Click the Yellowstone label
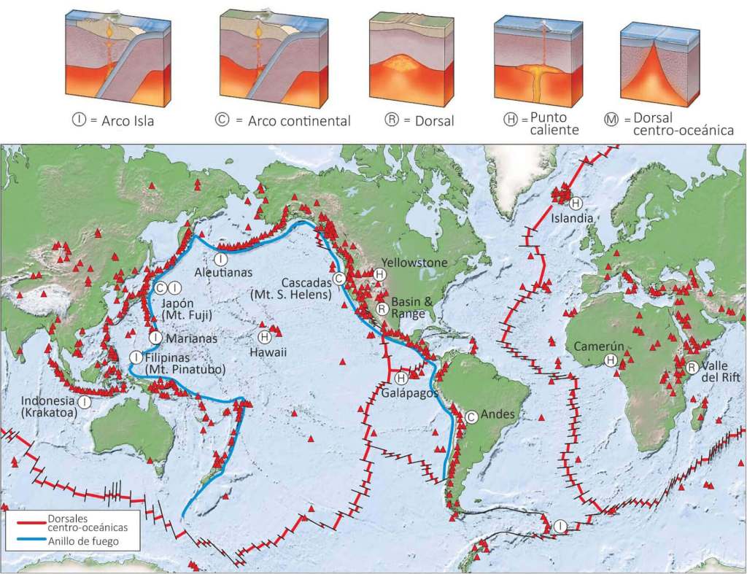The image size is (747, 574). pyautogui.click(x=411, y=263)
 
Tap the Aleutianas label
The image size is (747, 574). pyautogui.click(x=223, y=272)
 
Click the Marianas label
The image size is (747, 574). pyautogui.click(x=185, y=338)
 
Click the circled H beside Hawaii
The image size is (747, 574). pyautogui.click(x=264, y=336)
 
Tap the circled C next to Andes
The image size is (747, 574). pyautogui.click(x=471, y=416)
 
